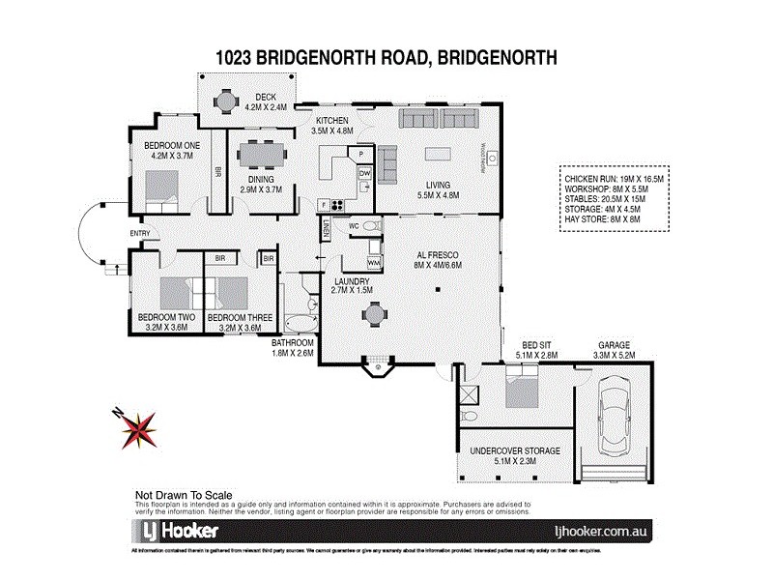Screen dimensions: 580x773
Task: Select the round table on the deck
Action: tap(226, 100)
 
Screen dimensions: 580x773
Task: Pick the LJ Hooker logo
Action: tap(176, 531)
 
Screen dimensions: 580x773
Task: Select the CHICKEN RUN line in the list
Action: tap(602, 179)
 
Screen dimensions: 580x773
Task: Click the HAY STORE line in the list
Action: tap(602, 219)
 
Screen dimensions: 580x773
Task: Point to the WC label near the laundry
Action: tap(354, 227)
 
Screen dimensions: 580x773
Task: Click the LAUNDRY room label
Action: tap(352, 279)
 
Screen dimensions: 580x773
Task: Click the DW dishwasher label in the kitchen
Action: tap(364, 172)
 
